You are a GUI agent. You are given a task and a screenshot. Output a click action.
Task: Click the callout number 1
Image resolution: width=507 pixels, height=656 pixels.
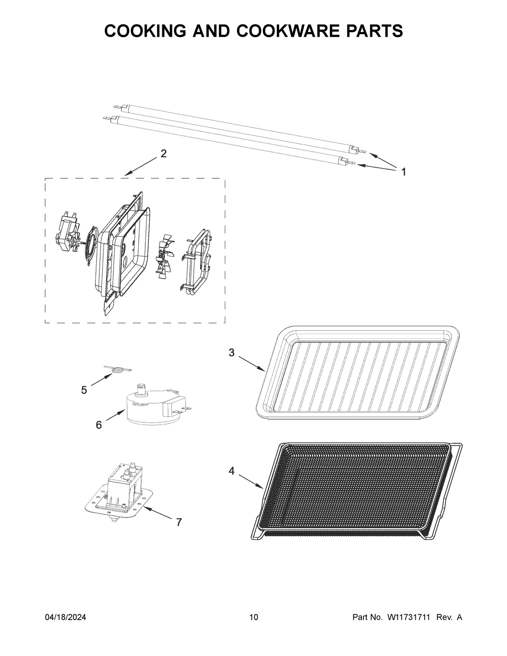click(403, 172)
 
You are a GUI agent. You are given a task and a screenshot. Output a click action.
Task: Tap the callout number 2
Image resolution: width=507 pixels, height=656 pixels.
click(164, 154)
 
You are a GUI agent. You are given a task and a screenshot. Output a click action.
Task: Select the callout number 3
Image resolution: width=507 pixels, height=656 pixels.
click(231, 353)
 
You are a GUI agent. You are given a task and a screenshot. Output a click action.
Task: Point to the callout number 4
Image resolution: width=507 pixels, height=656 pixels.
click(232, 471)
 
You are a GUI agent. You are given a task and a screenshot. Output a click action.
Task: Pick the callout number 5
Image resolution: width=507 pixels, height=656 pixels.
click(84, 390)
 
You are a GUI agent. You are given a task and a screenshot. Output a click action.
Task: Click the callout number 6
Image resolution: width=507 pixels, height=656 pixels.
click(98, 425)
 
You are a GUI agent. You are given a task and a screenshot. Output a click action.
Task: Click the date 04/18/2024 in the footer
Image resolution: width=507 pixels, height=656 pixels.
click(65, 618)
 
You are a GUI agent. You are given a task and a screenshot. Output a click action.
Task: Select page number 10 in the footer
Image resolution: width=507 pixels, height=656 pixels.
click(253, 618)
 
